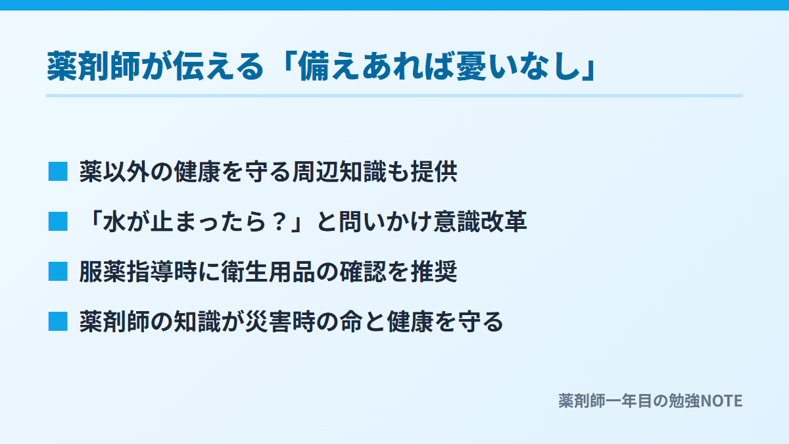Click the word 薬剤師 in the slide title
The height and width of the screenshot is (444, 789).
click(93, 66)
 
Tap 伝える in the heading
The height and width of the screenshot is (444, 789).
click(218, 66)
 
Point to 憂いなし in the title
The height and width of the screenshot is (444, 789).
click(518, 66)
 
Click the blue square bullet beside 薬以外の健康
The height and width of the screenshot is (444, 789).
click(58, 172)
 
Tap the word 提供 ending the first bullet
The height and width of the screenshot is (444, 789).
click(434, 172)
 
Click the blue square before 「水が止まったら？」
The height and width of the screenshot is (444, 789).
click(58, 222)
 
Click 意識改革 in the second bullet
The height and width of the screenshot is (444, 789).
click(480, 222)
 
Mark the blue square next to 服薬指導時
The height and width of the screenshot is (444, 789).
click(58, 272)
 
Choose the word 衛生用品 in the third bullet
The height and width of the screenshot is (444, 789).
click(268, 272)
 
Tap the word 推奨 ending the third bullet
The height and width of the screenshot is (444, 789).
click(434, 272)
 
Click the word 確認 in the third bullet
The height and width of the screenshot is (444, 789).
click(363, 272)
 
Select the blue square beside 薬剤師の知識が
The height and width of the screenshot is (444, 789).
click(58, 322)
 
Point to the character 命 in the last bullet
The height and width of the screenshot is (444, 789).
click(351, 322)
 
